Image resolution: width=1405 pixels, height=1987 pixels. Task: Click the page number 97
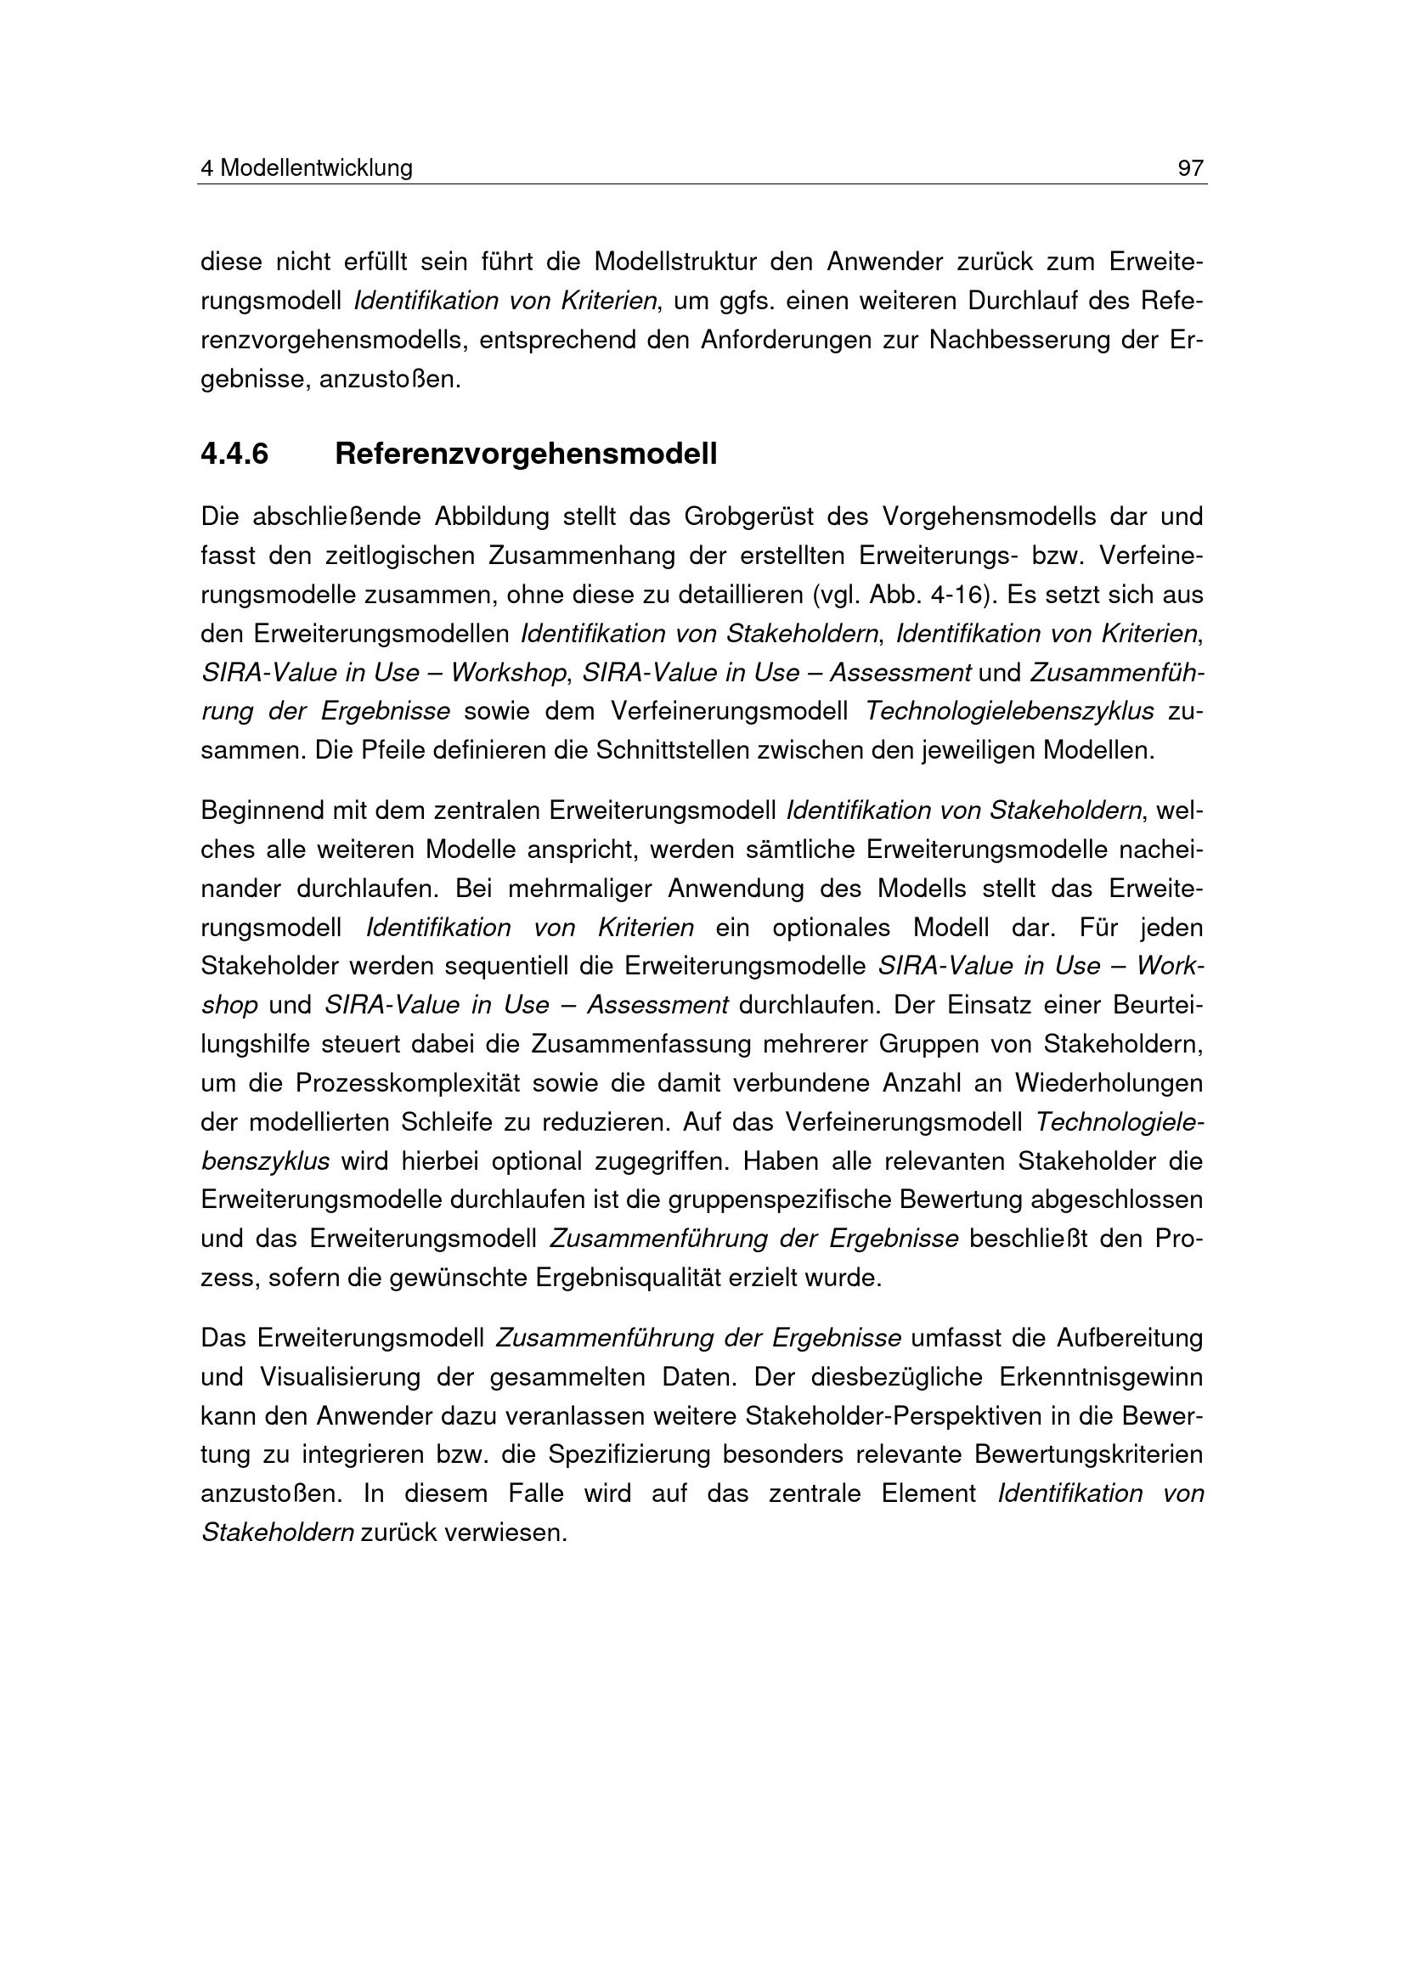pyautogui.click(x=1190, y=168)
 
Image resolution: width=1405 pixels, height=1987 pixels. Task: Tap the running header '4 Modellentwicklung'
pyautogui.click(x=307, y=168)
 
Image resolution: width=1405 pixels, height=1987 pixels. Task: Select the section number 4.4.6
pyautogui.click(x=234, y=454)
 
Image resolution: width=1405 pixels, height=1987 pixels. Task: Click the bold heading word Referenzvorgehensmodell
pyautogui.click(x=525, y=454)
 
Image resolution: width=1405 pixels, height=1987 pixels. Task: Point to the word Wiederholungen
pyautogui.click(x=1109, y=1083)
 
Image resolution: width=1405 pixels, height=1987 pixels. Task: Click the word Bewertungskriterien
pyautogui.click(x=1088, y=1454)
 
